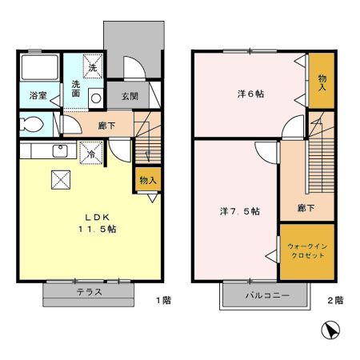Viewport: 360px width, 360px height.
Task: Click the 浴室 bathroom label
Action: [x=38, y=94]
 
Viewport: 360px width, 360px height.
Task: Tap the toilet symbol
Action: [x=31, y=125]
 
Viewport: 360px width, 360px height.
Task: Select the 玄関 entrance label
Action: [x=130, y=95]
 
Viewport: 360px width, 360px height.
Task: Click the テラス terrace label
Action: [x=89, y=292]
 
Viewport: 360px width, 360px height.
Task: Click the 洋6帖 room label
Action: [x=250, y=94]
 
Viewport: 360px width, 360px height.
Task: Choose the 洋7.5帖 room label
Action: [x=239, y=211]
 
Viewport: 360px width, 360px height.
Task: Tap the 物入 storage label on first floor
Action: [x=148, y=180]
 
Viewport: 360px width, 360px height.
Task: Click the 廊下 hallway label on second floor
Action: [x=306, y=208]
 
